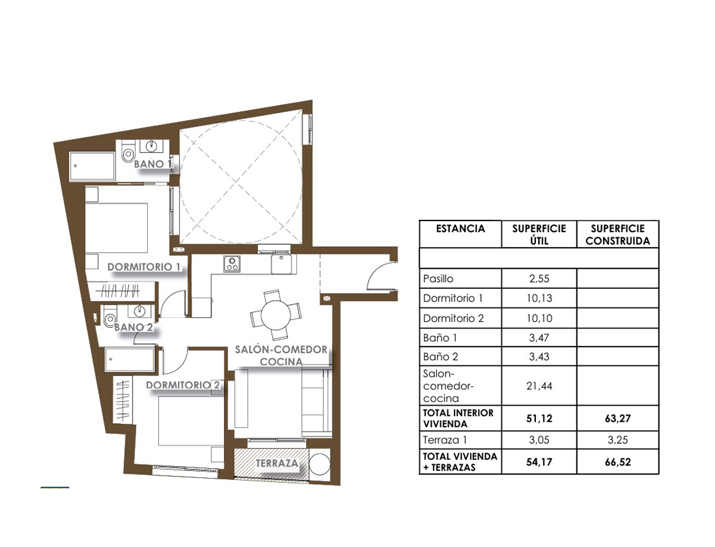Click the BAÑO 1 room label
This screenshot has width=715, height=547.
[152, 164]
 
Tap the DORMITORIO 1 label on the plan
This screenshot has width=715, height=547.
[144, 267]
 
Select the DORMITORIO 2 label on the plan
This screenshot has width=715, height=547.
[183, 385]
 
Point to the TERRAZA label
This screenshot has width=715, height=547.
[277, 463]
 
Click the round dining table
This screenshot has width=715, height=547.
[276, 315]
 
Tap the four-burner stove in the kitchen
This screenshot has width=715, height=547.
[232, 264]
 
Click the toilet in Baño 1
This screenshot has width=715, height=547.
[128, 154]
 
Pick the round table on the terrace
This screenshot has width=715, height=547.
[319, 464]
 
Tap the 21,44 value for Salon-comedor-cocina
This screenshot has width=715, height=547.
[539, 386]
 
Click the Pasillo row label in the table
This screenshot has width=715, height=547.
[438, 278]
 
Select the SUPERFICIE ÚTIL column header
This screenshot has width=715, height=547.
[539, 234]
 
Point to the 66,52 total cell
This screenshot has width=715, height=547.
[617, 462]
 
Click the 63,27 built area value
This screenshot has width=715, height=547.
[617, 418]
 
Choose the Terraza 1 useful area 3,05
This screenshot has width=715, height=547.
[539, 440]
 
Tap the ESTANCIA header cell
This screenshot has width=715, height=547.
[460, 229]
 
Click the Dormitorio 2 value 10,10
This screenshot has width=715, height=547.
[539, 318]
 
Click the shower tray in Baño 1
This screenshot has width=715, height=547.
[92, 166]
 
